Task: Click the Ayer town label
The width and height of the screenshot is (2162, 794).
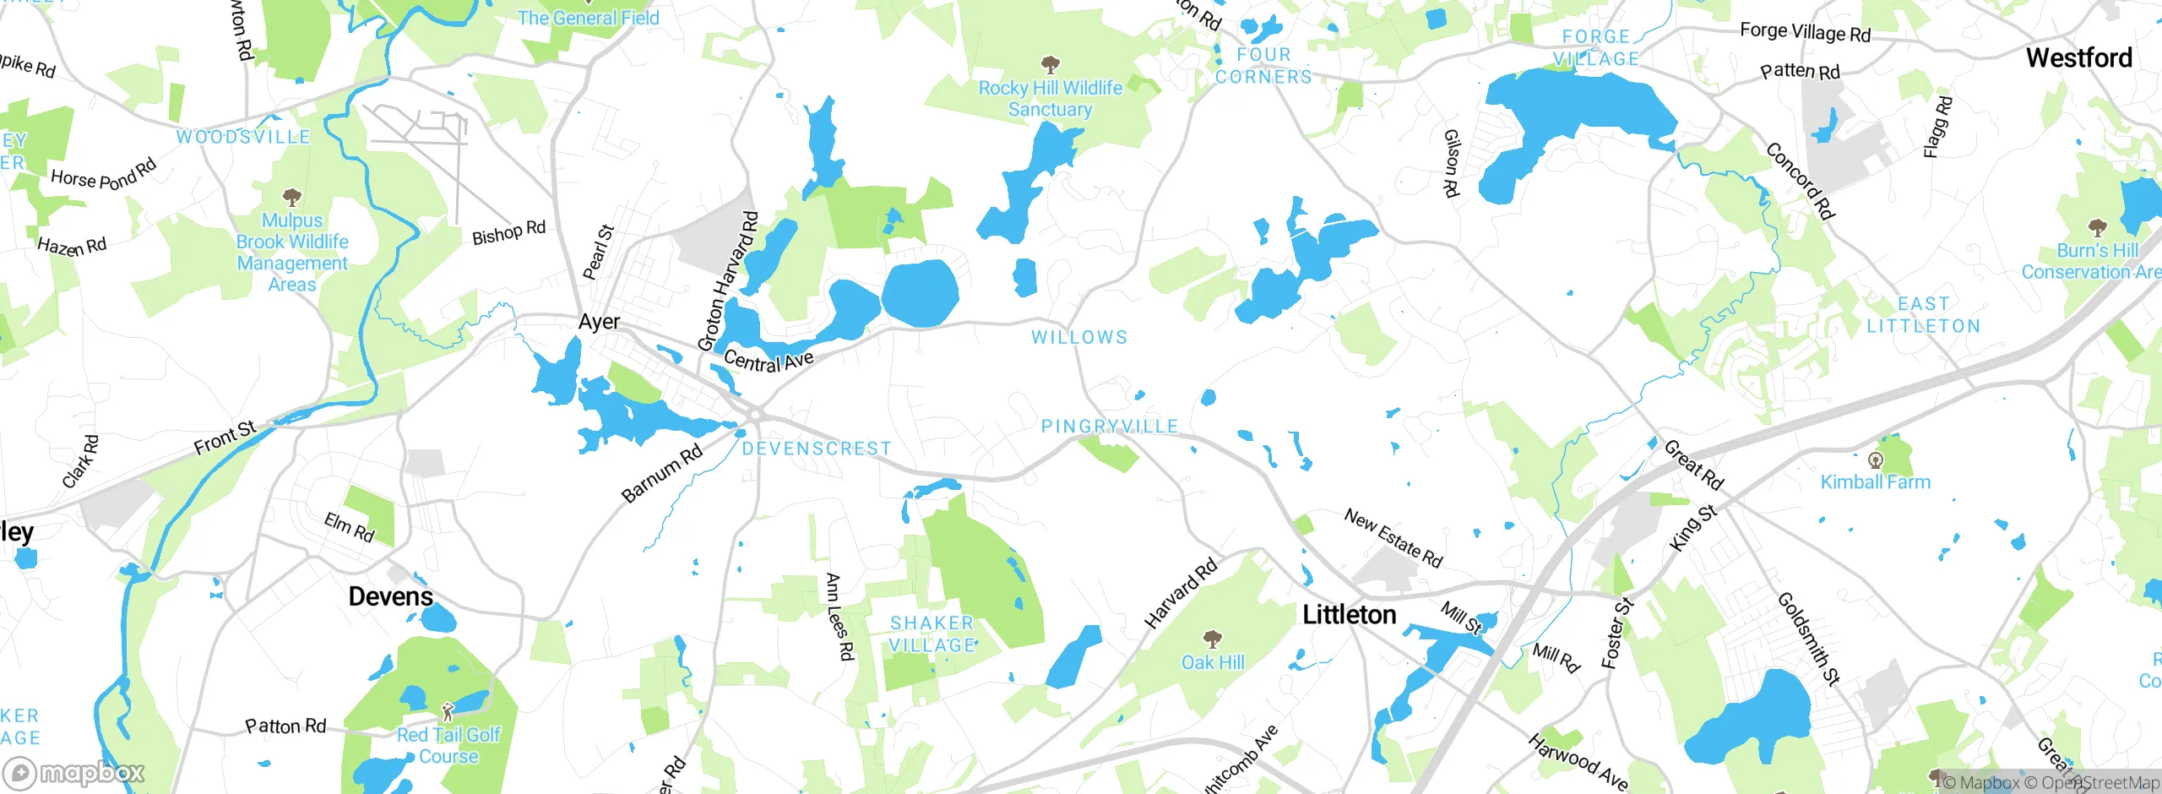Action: [599, 322]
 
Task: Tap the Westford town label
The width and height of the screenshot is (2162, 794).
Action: [2078, 58]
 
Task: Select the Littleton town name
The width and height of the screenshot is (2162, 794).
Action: [1349, 615]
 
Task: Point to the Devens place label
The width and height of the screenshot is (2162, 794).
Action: [390, 596]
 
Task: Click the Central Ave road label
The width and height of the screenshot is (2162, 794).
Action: [769, 361]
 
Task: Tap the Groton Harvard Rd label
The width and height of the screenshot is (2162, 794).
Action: [728, 281]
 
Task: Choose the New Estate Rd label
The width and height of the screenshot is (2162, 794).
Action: [1393, 538]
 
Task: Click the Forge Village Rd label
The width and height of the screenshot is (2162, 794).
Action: [1805, 33]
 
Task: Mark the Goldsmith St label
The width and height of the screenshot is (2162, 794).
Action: [1808, 639]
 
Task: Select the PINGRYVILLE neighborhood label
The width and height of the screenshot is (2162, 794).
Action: [1109, 427]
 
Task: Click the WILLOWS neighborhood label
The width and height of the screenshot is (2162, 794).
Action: [1078, 337]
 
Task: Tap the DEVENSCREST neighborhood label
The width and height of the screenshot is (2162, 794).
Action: [816, 449]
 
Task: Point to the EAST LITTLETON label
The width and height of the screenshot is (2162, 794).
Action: [1923, 315]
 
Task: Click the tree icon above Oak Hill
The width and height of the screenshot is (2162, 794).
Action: [1212, 638]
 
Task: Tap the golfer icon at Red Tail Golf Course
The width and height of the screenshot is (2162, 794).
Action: [448, 712]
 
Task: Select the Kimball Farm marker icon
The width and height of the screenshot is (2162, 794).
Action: [1875, 460]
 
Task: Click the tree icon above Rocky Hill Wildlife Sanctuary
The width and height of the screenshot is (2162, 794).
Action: [1050, 65]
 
